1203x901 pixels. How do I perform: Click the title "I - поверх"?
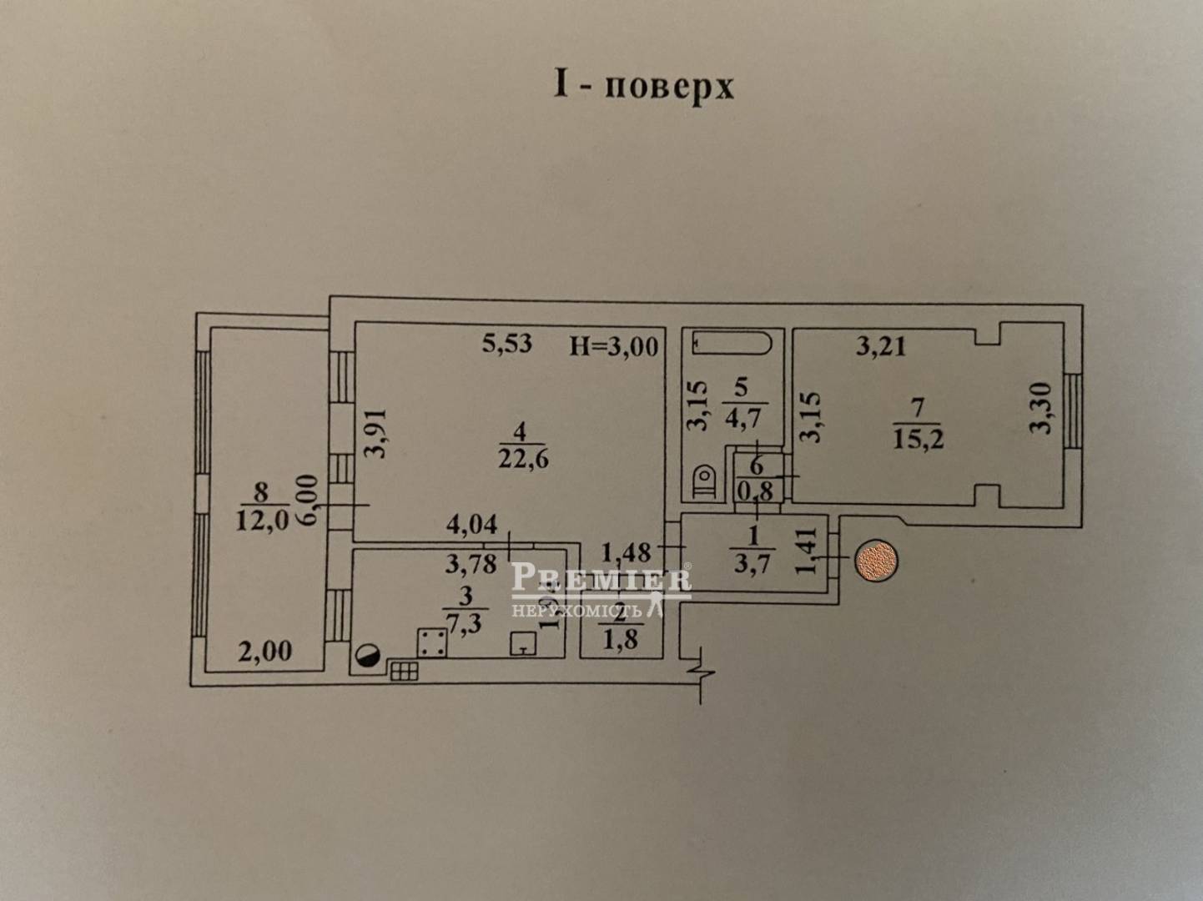(644, 86)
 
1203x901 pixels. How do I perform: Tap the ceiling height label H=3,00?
(613, 345)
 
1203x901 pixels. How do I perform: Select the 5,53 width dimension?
(507, 342)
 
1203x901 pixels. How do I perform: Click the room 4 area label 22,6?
(522, 458)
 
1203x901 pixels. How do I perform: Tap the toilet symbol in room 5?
(706, 482)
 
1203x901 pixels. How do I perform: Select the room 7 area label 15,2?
(919, 438)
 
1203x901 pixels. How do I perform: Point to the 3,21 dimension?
(881, 345)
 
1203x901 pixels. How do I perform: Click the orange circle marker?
(877, 561)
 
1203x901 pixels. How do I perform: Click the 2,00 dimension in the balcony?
(264, 651)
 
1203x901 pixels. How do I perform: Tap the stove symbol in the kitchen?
(430, 642)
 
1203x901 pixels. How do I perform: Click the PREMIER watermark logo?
(601, 577)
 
